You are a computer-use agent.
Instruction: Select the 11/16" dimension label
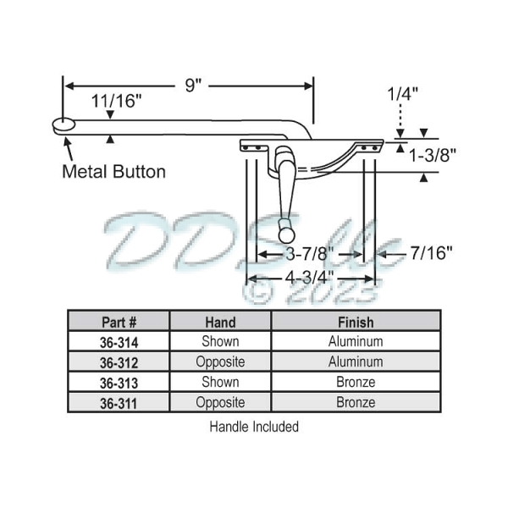coord(117,100)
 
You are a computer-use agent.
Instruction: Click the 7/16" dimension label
coord(431,251)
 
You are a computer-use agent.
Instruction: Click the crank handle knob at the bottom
coord(289,229)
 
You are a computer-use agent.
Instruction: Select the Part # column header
coord(119,322)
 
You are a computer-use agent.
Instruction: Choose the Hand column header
coord(220,322)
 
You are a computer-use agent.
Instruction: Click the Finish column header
coord(356,322)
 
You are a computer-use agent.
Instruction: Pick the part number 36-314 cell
coord(119,342)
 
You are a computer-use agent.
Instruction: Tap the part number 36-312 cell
coord(119,362)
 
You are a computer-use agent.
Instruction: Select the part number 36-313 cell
coord(119,383)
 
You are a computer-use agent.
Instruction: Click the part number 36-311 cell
coord(119,403)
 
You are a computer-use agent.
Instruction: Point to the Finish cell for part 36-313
coord(356,383)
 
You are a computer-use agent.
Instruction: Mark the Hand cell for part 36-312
coord(220,362)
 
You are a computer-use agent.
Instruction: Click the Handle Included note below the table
coord(254,427)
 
